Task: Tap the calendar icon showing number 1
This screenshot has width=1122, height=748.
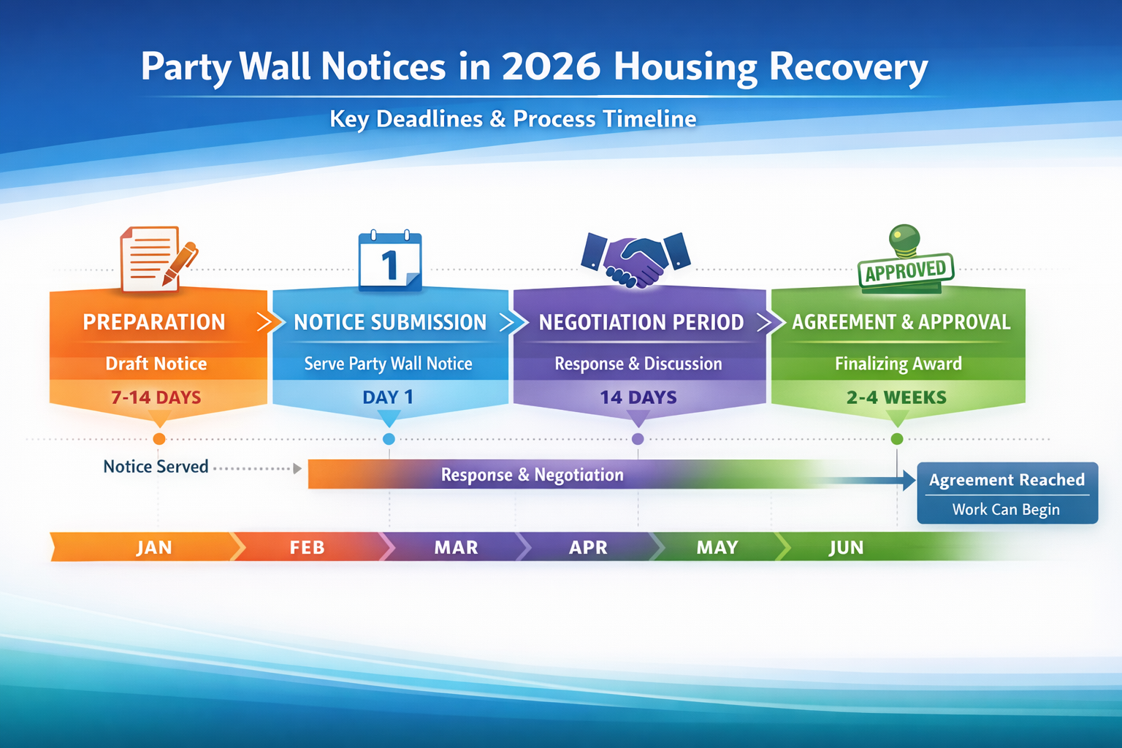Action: (x=390, y=262)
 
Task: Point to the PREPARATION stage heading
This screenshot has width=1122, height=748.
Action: (x=154, y=322)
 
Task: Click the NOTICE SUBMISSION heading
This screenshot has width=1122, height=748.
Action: (x=390, y=322)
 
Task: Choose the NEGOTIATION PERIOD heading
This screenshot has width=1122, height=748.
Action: (x=641, y=322)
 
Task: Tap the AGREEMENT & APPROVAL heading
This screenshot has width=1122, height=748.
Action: (x=901, y=322)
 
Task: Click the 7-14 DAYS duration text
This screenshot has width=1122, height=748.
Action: (x=156, y=397)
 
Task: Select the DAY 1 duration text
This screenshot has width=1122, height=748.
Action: (x=388, y=397)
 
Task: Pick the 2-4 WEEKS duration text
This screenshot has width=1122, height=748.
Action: (x=896, y=397)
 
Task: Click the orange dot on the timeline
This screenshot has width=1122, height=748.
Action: (x=159, y=439)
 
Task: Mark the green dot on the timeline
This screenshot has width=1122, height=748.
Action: (x=897, y=439)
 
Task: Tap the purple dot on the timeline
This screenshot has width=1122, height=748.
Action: (x=638, y=439)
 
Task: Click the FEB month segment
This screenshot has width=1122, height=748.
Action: (x=307, y=547)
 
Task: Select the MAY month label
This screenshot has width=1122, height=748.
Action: (x=717, y=547)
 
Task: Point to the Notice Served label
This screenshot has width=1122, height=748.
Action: (x=156, y=467)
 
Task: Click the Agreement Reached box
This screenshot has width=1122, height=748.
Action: (x=1007, y=492)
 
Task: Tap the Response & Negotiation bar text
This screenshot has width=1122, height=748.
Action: (x=532, y=475)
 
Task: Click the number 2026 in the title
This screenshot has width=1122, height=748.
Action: (x=551, y=66)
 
